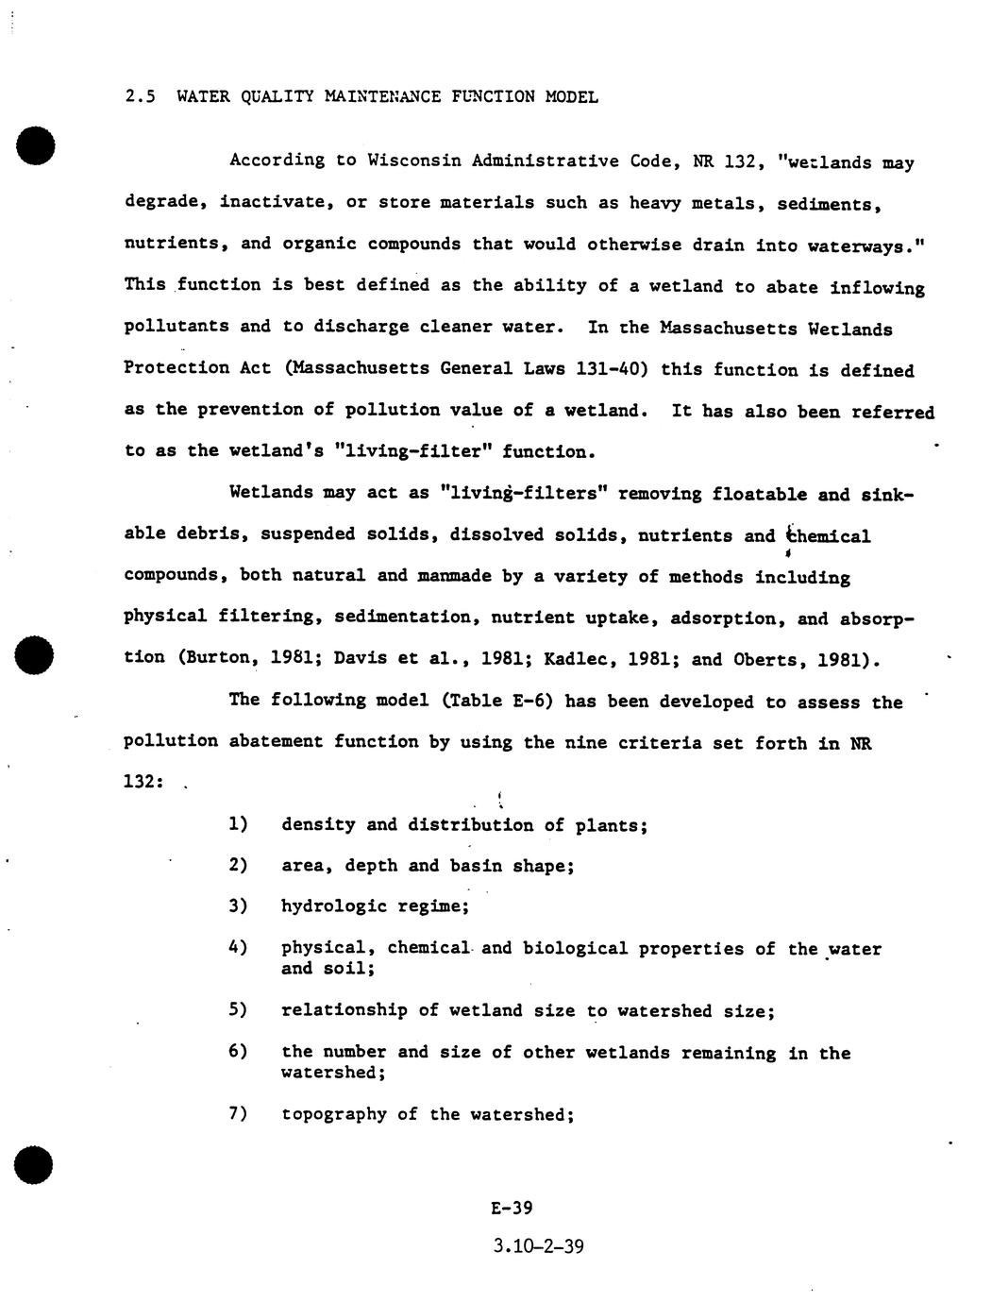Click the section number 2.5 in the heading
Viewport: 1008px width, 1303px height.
(140, 96)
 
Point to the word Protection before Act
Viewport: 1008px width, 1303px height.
(176, 367)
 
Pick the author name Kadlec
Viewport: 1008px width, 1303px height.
(575, 659)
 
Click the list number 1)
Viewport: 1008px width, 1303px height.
(238, 824)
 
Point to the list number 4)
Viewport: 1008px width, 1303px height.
(238, 947)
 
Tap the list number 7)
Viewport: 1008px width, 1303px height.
(238, 1113)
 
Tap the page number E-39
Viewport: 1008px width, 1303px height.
(512, 1208)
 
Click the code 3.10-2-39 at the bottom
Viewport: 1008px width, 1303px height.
(538, 1246)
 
